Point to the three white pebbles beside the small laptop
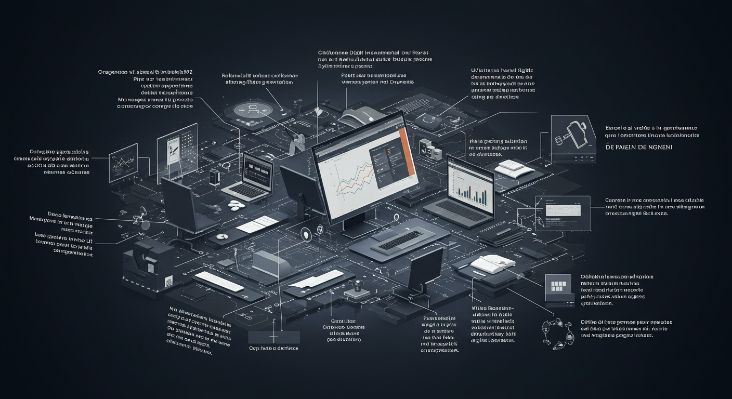point(237,204)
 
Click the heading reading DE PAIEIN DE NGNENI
point(639,148)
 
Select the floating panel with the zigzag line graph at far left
point(123,162)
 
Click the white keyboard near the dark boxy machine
point(218,281)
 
